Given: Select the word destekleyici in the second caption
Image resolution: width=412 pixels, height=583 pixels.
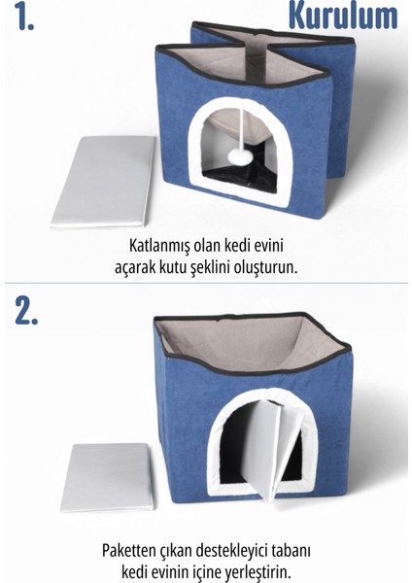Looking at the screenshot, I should coord(238,548).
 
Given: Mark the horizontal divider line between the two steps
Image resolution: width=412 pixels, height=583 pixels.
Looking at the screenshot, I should coord(206,284).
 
